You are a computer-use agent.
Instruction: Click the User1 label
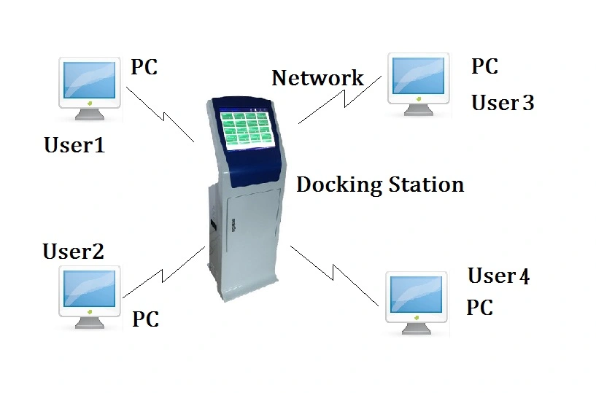(74, 145)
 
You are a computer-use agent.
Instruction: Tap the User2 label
(73, 252)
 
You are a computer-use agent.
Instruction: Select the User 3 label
(503, 103)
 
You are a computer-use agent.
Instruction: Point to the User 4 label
(499, 276)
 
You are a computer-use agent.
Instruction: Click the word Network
(317, 77)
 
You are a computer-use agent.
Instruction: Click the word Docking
(338, 185)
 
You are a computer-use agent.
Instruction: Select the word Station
(425, 184)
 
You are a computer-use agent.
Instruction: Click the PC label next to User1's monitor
(144, 67)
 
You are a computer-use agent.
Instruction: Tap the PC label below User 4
(479, 307)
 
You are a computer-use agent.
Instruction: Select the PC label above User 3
(484, 66)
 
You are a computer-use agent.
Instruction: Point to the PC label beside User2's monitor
(145, 319)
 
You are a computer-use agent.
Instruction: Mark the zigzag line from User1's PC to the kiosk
(160, 115)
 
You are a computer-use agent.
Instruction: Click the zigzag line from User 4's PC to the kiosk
(335, 274)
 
